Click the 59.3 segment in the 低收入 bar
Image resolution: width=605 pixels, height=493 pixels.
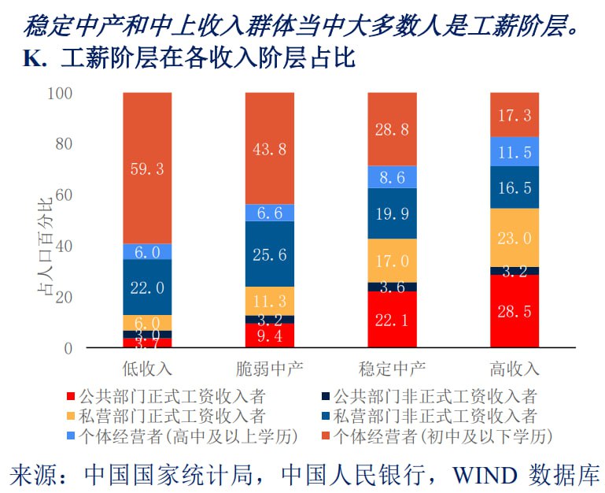click(147, 168)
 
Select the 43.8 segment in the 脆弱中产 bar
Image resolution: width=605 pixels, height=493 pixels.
click(269, 148)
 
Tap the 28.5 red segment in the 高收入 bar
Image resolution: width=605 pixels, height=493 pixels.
click(514, 311)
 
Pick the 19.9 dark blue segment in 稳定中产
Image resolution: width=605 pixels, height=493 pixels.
click(392, 213)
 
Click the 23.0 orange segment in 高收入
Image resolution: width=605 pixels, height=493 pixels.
click(514, 238)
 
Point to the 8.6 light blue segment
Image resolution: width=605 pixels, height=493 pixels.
click(392, 177)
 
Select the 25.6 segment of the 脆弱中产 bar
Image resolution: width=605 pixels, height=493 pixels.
click(269, 254)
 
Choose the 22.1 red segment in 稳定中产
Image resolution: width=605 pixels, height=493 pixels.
click(392, 319)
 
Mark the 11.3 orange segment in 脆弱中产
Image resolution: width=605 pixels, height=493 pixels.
click(269, 300)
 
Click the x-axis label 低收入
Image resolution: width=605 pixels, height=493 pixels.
click(147, 368)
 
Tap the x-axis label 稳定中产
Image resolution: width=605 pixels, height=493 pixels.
click(392, 368)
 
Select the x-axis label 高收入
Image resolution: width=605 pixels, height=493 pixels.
click(514, 368)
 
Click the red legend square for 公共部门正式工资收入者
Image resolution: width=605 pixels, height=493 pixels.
click(72, 396)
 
